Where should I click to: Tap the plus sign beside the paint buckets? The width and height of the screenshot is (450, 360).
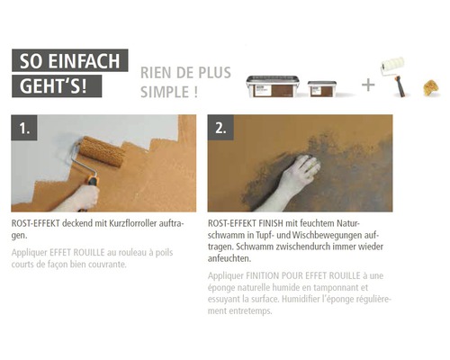tap(368, 85)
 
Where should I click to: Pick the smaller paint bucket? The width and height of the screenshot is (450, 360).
tap(321, 89)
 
